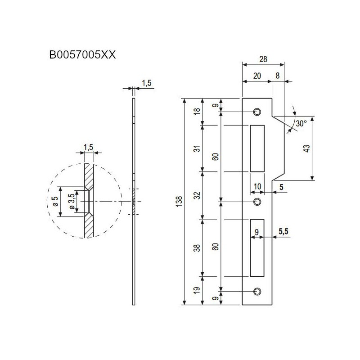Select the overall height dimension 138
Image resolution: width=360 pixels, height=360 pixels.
(x=180, y=201)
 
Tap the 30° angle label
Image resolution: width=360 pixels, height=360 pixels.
(x=301, y=123)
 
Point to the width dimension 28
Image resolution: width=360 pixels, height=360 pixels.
(x=263, y=59)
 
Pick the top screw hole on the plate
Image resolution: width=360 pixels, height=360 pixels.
(x=257, y=112)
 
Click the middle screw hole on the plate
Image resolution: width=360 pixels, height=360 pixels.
(x=257, y=202)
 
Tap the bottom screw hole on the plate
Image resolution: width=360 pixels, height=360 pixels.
(x=257, y=292)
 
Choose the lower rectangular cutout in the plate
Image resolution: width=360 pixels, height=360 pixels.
(x=257, y=247)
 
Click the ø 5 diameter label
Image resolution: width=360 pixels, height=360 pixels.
(x=55, y=201)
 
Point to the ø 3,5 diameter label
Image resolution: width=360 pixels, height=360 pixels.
(x=71, y=202)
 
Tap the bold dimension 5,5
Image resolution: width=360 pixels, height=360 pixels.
(x=283, y=232)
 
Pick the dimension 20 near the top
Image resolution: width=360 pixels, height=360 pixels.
(x=257, y=76)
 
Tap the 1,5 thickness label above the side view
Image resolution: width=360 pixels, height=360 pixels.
(x=147, y=82)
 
